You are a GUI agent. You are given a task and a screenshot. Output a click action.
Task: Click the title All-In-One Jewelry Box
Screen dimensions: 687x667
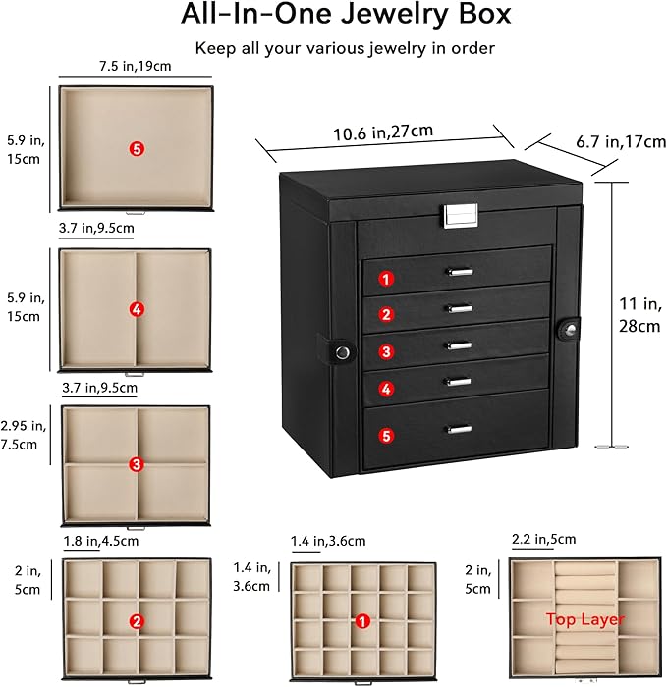tap(333, 16)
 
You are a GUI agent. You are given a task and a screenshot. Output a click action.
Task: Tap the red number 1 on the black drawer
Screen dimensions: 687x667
tap(387, 278)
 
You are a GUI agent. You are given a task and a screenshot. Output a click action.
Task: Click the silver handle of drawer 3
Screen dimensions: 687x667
tap(458, 344)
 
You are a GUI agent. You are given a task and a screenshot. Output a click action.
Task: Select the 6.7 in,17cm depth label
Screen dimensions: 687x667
tap(620, 143)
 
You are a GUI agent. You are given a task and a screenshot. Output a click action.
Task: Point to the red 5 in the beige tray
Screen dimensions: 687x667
tap(137, 148)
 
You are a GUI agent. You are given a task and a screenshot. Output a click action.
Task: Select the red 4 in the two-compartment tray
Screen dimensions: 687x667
tap(137, 309)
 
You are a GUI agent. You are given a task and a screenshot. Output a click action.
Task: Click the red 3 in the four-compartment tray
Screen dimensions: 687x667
tap(137, 463)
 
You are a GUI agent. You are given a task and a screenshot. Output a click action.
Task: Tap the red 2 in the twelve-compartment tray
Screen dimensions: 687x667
tap(137, 620)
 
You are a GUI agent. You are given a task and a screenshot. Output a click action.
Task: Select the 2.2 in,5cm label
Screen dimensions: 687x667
tap(543, 540)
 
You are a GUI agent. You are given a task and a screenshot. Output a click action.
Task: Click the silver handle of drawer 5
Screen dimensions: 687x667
tap(458, 428)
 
